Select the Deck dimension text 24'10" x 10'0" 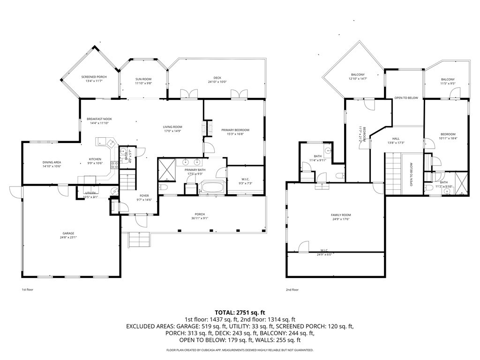tap(217, 82)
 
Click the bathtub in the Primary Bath tap(213, 189)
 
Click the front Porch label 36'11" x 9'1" tap(199, 215)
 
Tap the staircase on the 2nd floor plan tap(394, 173)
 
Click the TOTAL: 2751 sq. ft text tap(240, 312)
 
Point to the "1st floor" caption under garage tap(27, 290)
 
